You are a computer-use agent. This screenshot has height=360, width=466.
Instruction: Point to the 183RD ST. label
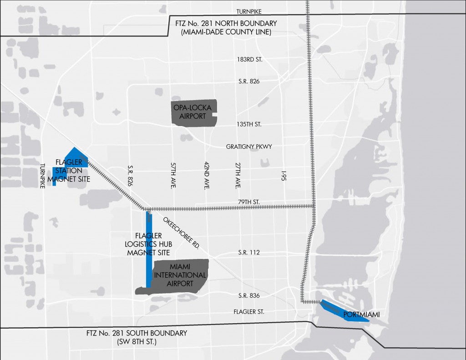pyautogui.click(x=249, y=60)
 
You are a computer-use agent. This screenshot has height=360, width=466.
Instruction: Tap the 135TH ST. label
pyautogui.click(x=249, y=124)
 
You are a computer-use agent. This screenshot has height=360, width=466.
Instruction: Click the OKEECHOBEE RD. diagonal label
pyautogui.click(x=182, y=232)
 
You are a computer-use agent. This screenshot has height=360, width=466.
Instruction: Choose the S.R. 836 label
pyautogui.click(x=248, y=296)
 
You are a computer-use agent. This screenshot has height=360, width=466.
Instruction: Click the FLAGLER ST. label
pyautogui.click(x=248, y=312)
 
